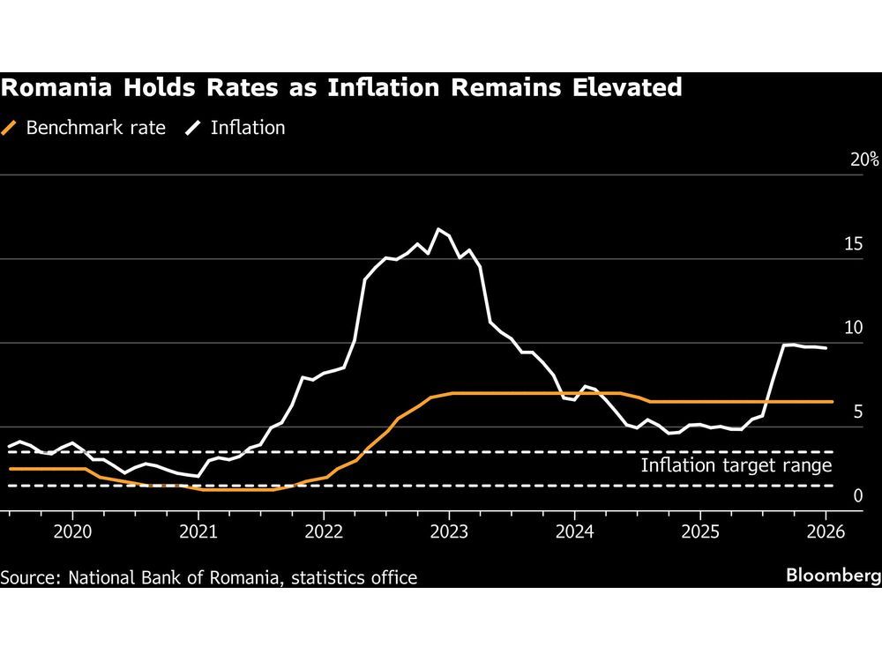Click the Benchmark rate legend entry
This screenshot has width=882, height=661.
click(95, 128)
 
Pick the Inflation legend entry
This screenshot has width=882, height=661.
click(247, 128)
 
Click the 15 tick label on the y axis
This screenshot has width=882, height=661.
click(853, 244)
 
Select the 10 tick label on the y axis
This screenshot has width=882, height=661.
click(853, 328)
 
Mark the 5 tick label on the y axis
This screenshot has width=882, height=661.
click(857, 412)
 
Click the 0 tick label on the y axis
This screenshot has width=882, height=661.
click(857, 495)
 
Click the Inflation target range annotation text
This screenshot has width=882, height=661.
click(736, 465)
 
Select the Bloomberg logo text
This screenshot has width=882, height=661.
click(833, 576)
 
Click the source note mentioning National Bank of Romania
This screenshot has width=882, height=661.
click(209, 577)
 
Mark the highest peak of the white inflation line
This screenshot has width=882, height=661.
click(437, 229)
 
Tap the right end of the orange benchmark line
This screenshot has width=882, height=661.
click(832, 401)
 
